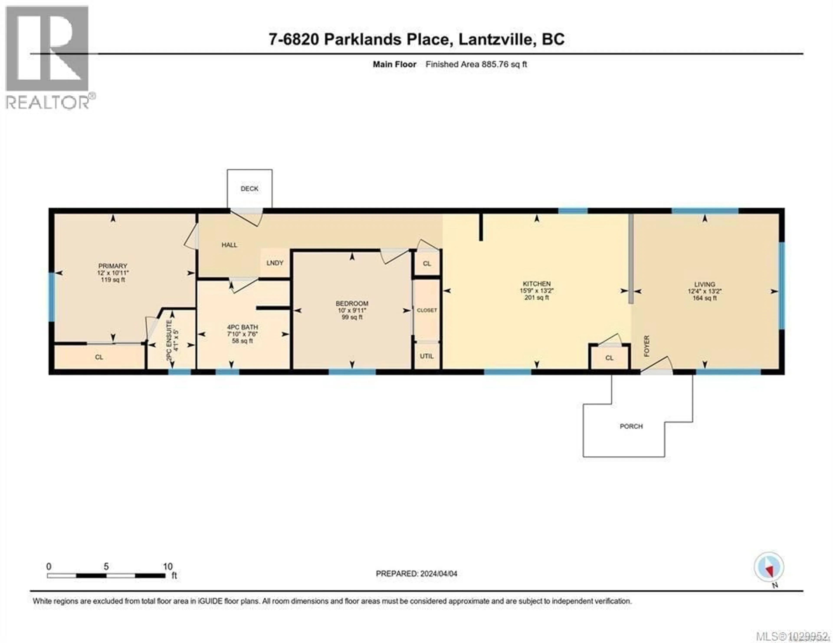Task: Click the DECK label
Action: [x=249, y=189]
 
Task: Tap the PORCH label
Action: [x=631, y=426]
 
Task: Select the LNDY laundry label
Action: [x=275, y=263]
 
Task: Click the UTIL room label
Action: [x=426, y=356]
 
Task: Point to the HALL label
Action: [x=229, y=245]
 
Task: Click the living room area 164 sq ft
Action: [x=704, y=298]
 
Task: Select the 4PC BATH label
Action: [x=243, y=327]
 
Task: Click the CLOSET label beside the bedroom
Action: [x=427, y=310]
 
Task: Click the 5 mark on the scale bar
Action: [x=106, y=567]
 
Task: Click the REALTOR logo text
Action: [x=48, y=102]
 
